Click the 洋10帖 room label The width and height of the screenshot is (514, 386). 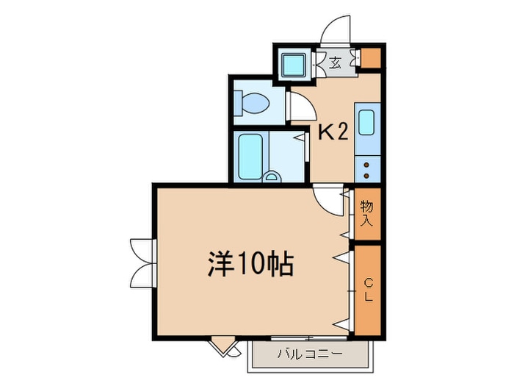250,265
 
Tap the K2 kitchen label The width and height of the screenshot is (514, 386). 333,133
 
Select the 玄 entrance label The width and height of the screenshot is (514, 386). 335,62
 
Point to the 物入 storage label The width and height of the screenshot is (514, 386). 367,213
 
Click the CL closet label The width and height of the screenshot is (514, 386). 369,290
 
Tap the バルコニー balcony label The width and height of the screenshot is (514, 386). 310,354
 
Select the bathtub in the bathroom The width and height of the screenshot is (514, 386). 250,157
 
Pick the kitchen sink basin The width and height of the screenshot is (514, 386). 366,123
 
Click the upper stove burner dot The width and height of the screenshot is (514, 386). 366,165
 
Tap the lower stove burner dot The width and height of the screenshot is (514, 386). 366,176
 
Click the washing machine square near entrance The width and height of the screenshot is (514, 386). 294,65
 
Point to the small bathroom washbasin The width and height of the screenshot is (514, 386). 272,177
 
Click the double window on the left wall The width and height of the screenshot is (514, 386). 142,263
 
